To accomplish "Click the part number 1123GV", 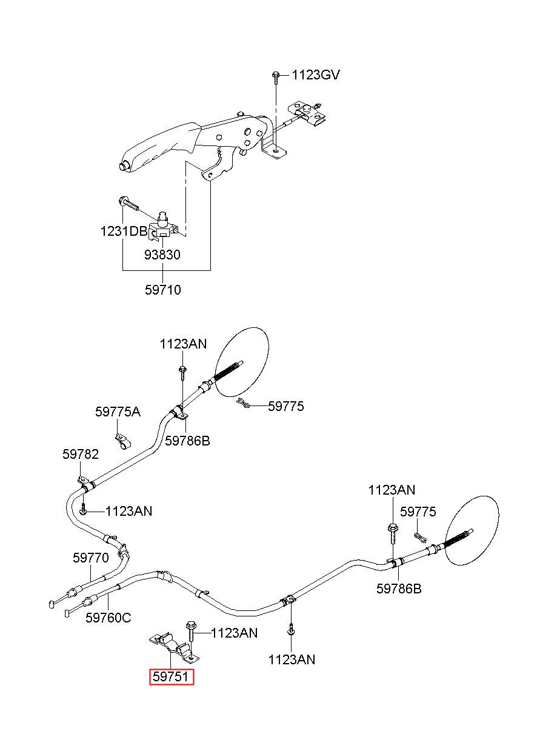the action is point(316,75).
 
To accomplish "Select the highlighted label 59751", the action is point(172,676).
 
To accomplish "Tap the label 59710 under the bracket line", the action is point(163,290).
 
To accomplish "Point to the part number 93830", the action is point(162,255).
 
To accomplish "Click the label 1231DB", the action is point(124,232).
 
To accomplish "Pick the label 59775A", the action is point(118,412).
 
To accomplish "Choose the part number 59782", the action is point(81,454).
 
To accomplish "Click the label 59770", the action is point(91,558).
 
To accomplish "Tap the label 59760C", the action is point(108,618).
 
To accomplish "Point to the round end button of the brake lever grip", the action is point(124,166).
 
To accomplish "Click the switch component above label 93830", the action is point(163,226).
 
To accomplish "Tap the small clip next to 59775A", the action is point(122,441).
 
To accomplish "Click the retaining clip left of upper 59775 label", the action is point(243,404).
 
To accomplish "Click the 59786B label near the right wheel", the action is point(399,589).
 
